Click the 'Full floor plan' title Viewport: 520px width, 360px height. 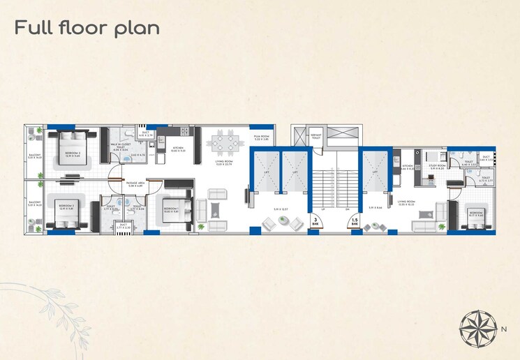click(87, 28)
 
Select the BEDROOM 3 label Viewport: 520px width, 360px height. click(66, 207)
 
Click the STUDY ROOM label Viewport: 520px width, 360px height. click(438, 167)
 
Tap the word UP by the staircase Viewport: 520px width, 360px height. click(324, 208)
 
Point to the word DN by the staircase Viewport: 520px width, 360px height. click(346, 208)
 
